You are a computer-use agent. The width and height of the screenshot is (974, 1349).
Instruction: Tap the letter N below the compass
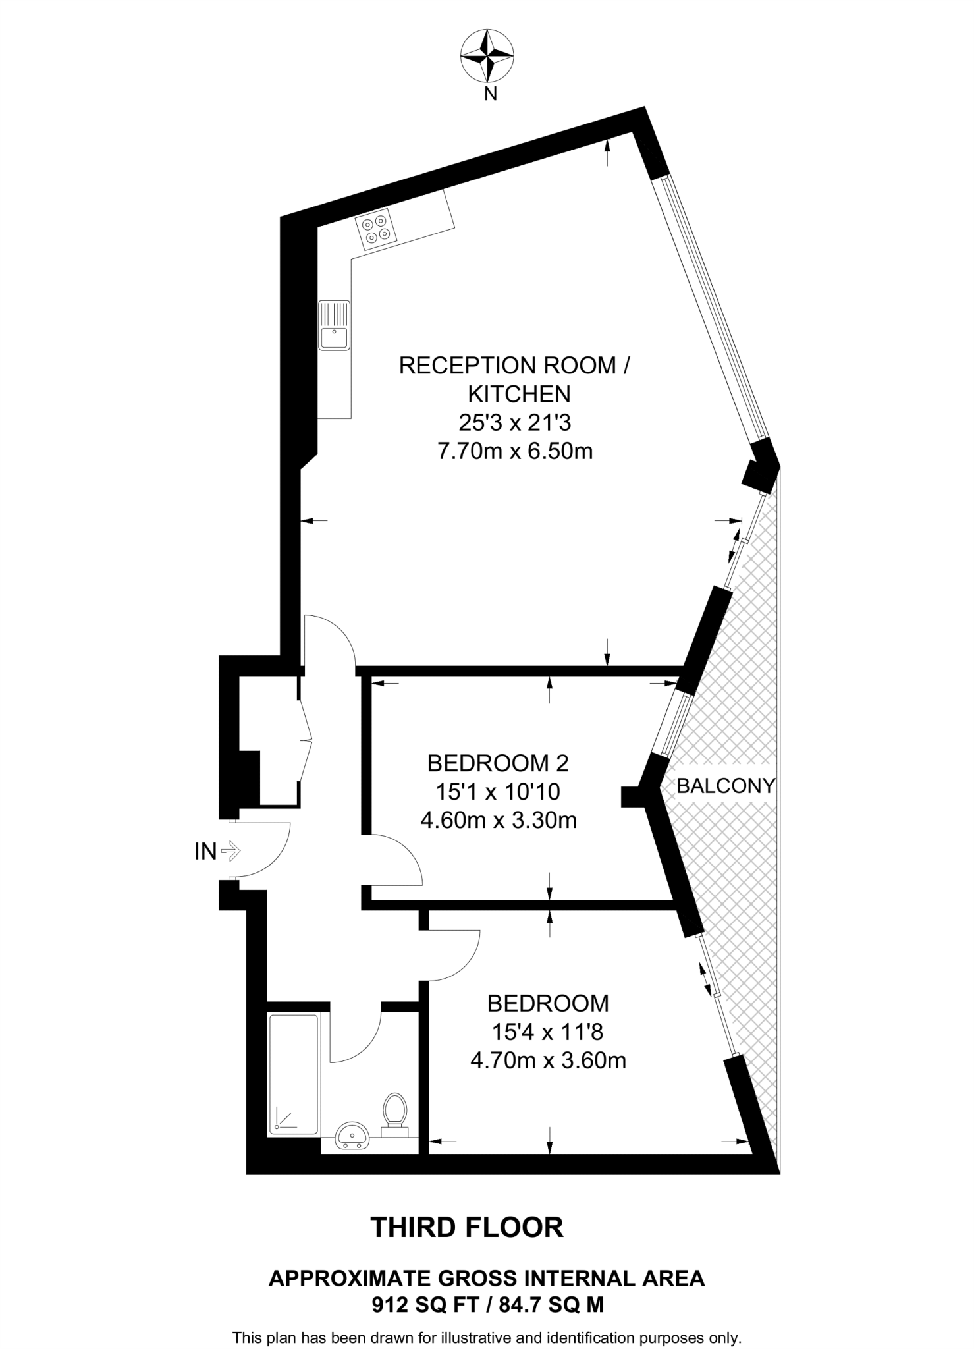(490, 95)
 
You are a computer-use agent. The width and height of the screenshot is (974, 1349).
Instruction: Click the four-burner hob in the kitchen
(376, 229)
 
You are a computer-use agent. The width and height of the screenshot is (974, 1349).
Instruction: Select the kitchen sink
(334, 325)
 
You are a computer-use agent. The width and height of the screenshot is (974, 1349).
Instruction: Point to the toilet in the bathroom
(394, 1113)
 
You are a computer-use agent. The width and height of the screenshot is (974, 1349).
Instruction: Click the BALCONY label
(726, 786)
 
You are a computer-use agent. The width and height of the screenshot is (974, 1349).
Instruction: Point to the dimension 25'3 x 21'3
(514, 422)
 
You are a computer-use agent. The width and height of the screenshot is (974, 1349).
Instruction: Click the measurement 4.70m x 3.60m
(548, 1060)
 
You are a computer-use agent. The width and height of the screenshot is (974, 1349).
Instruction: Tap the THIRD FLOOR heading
(468, 1228)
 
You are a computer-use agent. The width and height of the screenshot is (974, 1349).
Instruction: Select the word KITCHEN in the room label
(519, 394)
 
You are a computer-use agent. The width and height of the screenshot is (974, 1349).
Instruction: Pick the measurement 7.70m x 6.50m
(515, 451)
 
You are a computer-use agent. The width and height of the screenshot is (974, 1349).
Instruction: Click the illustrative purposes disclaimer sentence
(487, 1338)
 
